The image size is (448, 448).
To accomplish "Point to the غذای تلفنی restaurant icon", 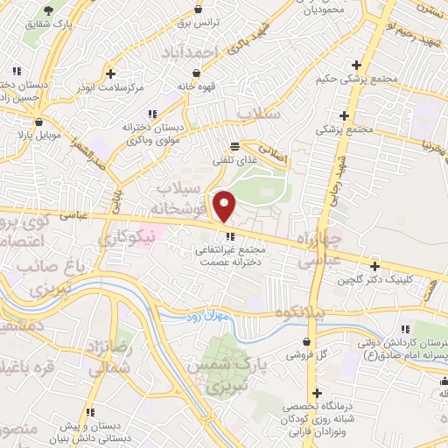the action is tap(234, 147).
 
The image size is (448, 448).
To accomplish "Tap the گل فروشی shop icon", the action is tap(306, 342).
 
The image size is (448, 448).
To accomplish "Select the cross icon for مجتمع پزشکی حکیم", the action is tap(355, 65).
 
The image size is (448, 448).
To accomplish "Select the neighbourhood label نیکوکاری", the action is tap(125, 236).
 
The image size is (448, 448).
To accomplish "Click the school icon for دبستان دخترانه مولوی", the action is tap(152, 114).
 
